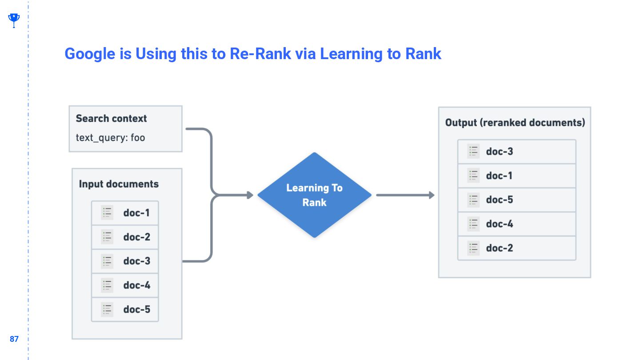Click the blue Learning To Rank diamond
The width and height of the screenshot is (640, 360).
(x=314, y=195)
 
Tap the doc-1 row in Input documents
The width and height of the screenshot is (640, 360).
(x=125, y=213)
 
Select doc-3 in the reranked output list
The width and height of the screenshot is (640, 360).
(x=516, y=152)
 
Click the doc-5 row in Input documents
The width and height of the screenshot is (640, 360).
(x=125, y=309)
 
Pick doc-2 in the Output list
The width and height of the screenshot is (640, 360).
(x=516, y=248)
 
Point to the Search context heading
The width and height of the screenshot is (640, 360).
(x=111, y=119)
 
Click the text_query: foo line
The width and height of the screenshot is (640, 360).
(x=110, y=137)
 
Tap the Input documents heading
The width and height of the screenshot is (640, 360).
(x=119, y=184)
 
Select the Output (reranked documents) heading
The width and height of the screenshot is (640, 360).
(x=515, y=123)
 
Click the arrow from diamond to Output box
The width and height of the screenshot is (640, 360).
(x=404, y=195)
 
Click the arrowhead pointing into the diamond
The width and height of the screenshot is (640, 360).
(x=250, y=195)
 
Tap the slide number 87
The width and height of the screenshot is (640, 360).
(x=14, y=339)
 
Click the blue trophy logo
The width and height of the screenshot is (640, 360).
(x=14, y=20)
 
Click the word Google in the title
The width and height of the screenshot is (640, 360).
(x=90, y=54)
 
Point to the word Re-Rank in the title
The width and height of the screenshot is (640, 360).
(x=260, y=54)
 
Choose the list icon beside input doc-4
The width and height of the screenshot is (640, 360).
(x=107, y=285)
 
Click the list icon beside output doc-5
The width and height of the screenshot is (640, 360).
(x=473, y=200)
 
